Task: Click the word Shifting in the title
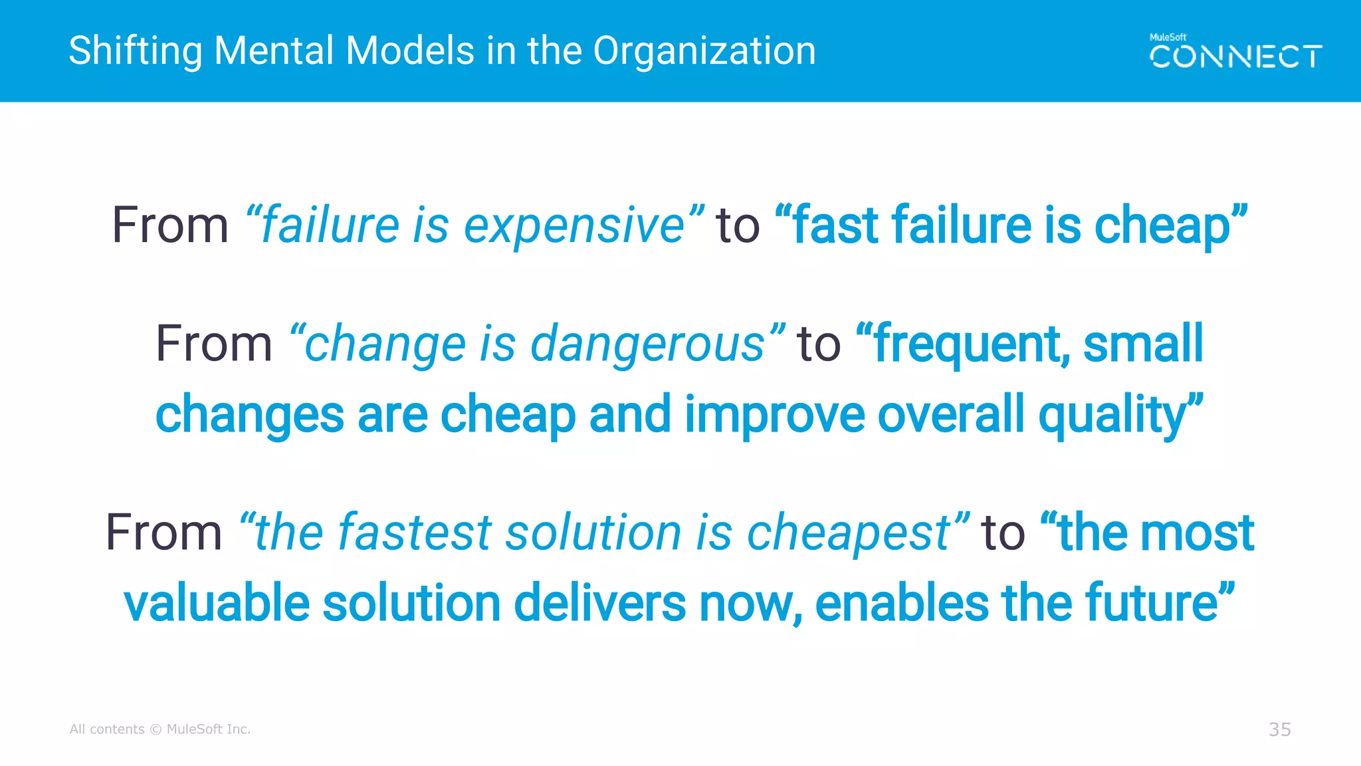coord(135,52)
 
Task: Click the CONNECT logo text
coord(1235,57)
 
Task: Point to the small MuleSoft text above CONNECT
coord(1168,37)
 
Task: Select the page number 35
coord(1279,729)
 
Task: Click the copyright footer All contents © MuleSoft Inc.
coord(160,729)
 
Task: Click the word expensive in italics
coord(574,226)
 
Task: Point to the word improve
coord(774,415)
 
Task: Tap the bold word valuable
coord(217,603)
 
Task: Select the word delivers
coord(599,603)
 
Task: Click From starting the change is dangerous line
coord(214,344)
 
